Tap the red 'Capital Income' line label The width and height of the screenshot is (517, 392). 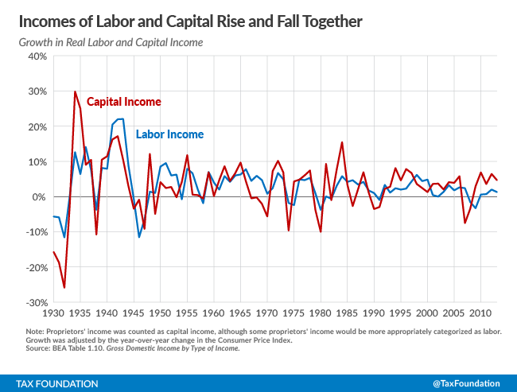click(123, 102)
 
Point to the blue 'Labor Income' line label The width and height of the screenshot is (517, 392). click(169, 134)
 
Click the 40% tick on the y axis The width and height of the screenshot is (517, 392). click(37, 56)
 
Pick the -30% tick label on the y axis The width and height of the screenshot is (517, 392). click(35, 303)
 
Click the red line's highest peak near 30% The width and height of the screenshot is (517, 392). click(75, 92)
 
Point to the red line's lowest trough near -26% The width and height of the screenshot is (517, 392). click(64, 288)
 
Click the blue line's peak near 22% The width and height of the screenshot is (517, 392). click(120, 119)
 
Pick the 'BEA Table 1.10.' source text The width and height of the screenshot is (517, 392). click(72, 349)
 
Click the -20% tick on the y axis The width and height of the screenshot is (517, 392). click(35, 268)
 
